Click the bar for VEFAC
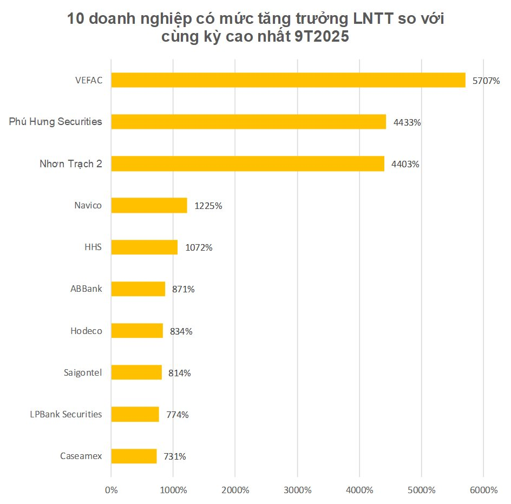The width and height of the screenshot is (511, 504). [288, 80]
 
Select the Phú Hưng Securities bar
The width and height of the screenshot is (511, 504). [248, 122]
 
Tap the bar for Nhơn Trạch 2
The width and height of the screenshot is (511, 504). [247, 163]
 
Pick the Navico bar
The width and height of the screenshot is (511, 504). [149, 205]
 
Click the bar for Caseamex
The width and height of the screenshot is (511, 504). [134, 456]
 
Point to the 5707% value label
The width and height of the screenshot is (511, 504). [486, 81]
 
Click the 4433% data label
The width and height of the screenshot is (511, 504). [407, 122]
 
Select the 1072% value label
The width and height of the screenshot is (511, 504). [199, 247]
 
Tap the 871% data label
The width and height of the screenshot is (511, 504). [184, 289]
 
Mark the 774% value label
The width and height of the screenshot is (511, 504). [178, 415]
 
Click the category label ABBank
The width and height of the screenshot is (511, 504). [86, 289]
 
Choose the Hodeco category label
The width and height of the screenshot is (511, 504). [86, 330]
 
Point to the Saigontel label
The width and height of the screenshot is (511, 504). [83, 372]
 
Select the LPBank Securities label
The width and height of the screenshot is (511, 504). [65, 414]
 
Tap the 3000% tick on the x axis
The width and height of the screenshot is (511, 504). [297, 490]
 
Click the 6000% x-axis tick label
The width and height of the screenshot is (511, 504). [483, 490]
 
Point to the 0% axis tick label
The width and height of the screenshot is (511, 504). [111, 490]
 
